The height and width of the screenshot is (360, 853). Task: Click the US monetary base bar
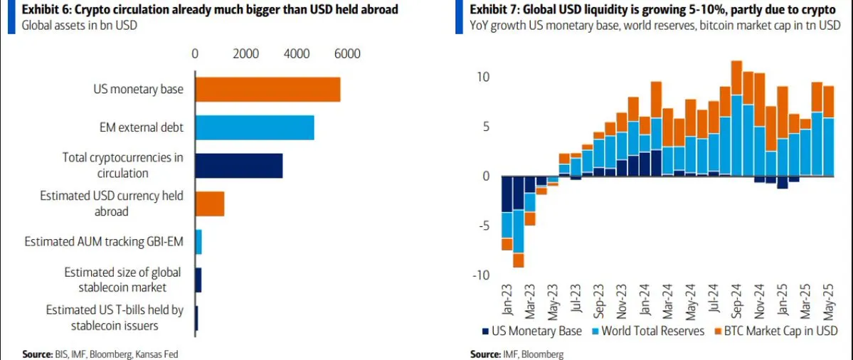coord(267,90)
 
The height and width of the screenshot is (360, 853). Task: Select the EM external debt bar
coord(254,127)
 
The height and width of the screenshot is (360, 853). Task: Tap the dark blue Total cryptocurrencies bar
coord(238,165)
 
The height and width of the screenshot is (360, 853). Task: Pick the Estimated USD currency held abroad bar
coord(209,203)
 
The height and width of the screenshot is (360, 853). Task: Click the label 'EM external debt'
coord(142,128)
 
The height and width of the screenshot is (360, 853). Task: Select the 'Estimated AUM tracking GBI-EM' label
coord(104,242)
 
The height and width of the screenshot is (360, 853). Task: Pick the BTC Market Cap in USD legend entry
coord(775,331)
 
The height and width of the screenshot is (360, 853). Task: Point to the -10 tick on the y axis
coord(482,275)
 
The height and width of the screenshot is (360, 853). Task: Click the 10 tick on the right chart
coord(484,77)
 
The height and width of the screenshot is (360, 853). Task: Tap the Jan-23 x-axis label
coord(507,302)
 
